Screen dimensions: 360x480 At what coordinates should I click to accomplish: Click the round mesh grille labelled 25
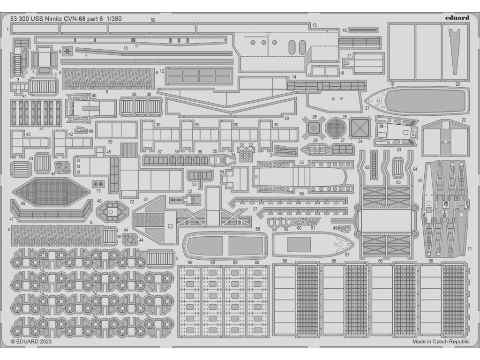336,127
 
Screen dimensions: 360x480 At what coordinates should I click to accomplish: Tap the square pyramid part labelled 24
360,127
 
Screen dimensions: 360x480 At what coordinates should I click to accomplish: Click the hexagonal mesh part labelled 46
52,192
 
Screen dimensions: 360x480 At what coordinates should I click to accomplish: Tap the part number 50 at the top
153,20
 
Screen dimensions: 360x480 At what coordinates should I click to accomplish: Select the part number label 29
286,119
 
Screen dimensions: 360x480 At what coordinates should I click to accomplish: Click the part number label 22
464,120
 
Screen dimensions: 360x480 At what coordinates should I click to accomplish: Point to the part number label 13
314,25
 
